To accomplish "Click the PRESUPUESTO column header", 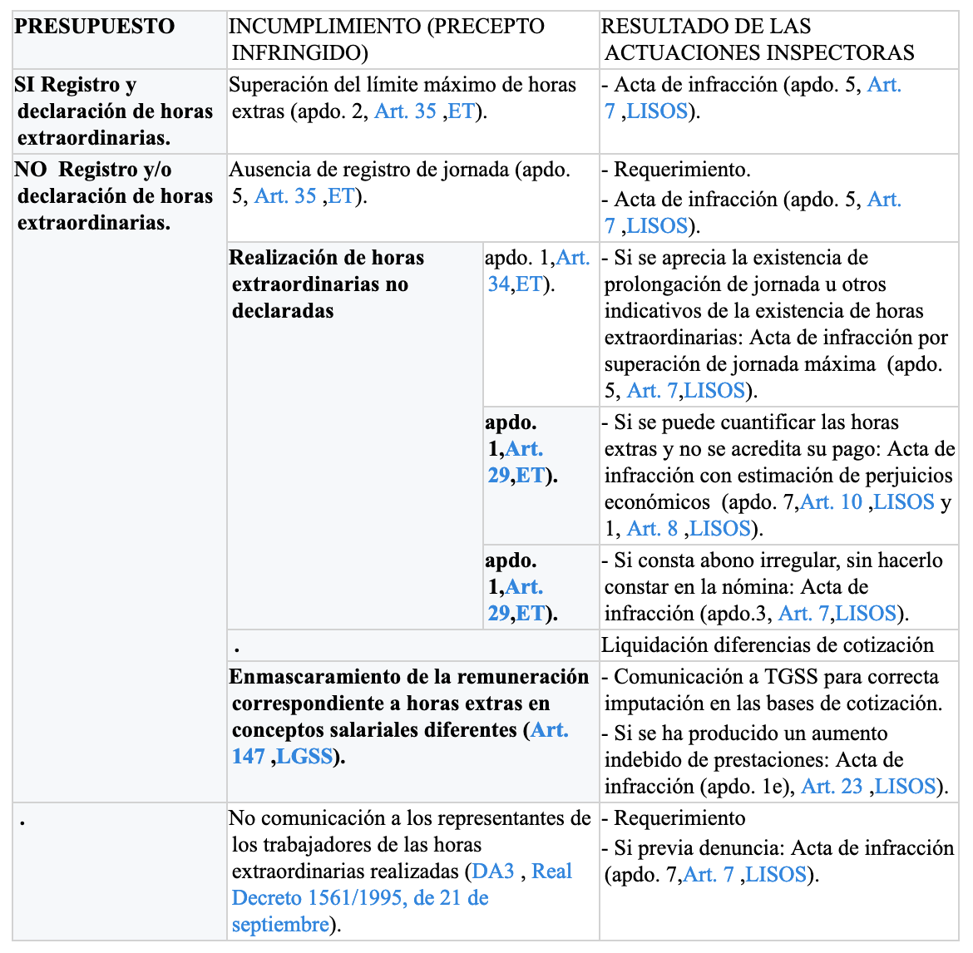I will click(94, 27).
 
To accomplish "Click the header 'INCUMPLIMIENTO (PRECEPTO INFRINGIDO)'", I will click(387, 39).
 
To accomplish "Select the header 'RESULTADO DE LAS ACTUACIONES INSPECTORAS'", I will click(758, 39).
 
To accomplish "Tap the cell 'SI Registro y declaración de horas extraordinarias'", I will click(114, 111).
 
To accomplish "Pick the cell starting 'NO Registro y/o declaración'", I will click(114, 195).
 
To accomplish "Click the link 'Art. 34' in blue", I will click(539, 270).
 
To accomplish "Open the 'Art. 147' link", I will click(400, 743).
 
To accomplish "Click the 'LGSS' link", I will click(304, 757).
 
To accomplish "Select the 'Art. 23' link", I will click(832, 787).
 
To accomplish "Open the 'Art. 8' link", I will click(652, 529).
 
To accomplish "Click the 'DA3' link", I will click(492, 872).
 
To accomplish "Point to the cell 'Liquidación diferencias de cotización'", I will click(768, 645).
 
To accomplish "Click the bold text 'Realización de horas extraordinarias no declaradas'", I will click(326, 284).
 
